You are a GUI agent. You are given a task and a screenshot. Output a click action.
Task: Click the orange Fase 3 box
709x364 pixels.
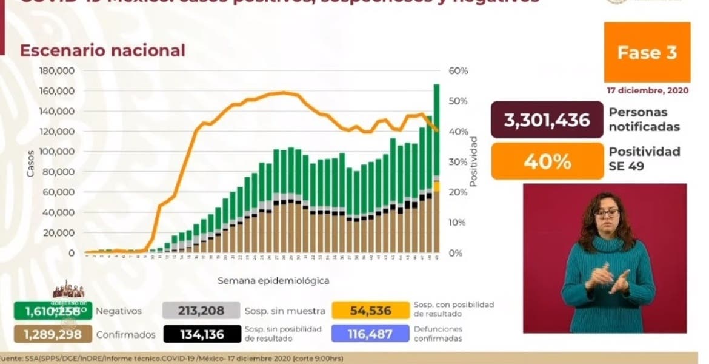coord(647,53)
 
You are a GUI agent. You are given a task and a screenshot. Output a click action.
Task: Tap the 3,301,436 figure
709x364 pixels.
coord(547,120)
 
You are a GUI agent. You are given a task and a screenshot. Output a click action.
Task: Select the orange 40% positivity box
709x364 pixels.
coord(547,161)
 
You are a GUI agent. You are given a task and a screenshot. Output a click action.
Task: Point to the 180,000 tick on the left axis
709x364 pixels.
coord(56,71)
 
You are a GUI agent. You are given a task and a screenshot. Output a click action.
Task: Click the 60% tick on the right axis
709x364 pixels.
coord(459,71)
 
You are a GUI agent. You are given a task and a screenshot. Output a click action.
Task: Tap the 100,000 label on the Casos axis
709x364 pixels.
coord(56,152)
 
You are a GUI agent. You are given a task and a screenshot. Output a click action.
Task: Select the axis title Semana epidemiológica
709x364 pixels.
coord(273,281)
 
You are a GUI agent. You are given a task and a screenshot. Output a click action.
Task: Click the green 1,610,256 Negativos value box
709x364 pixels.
coord(53,311)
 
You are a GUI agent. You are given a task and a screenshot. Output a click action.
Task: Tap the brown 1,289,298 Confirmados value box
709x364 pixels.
coord(53,334)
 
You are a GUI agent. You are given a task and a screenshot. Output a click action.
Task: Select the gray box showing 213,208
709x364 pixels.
coord(201,311)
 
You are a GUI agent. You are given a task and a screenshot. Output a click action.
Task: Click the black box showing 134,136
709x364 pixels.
coord(201,334)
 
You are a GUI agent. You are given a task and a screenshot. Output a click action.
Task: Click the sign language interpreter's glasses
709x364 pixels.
coord(607,214)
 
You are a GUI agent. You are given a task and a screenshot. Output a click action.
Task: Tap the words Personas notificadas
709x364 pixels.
coord(644,120)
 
